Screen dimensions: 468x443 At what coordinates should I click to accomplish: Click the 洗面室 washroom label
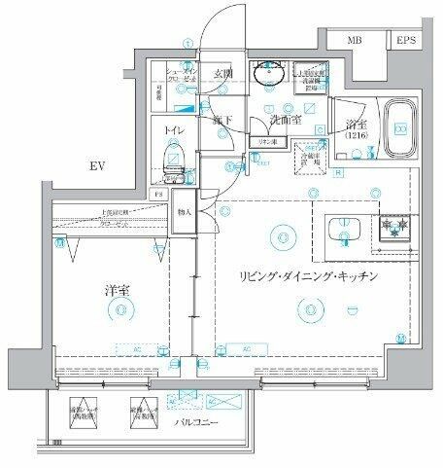tap(287, 121)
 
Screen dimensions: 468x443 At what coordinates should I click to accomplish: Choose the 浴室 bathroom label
tap(355, 125)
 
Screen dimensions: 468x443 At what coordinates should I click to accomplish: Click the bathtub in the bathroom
tap(399, 130)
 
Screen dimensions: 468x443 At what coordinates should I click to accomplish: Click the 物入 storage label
tap(185, 212)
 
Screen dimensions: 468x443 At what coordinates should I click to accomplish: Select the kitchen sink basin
tap(343, 231)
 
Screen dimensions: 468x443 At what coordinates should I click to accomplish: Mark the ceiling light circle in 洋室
tap(119, 309)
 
